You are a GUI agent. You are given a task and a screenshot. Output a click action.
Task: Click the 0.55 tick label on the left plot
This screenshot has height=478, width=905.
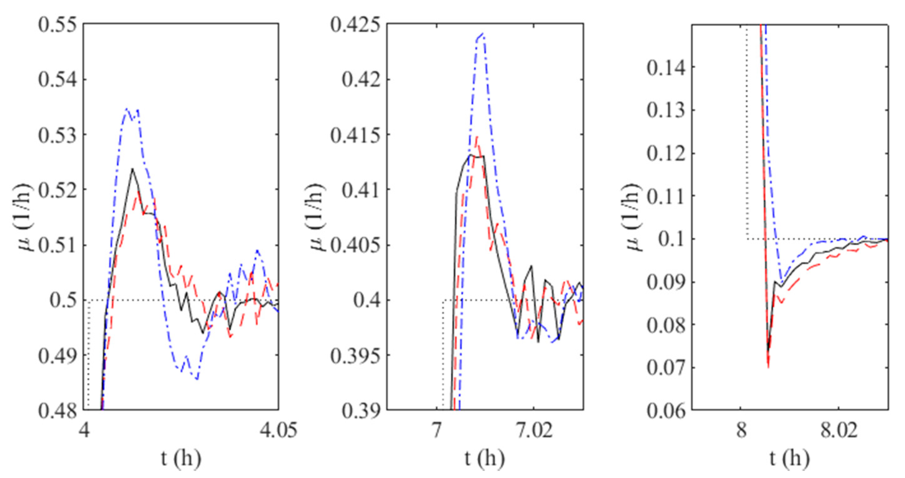(57, 25)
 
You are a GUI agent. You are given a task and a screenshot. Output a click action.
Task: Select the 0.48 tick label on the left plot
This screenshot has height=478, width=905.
(57, 410)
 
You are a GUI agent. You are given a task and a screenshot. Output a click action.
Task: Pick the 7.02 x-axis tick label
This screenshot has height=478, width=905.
(534, 430)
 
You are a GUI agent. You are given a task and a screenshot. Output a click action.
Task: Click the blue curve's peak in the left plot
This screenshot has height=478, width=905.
(127, 109)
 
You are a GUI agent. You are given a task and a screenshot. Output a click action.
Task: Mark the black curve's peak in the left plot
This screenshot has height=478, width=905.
(132, 169)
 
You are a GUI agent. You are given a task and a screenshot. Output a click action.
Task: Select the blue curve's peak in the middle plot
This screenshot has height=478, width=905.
(483, 34)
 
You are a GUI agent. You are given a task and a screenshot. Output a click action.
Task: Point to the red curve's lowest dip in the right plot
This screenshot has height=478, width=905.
(768, 367)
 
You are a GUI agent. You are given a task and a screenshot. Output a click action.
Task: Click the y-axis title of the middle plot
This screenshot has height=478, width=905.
(318, 217)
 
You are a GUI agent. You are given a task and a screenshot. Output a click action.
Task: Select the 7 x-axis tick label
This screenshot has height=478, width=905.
(436, 430)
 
